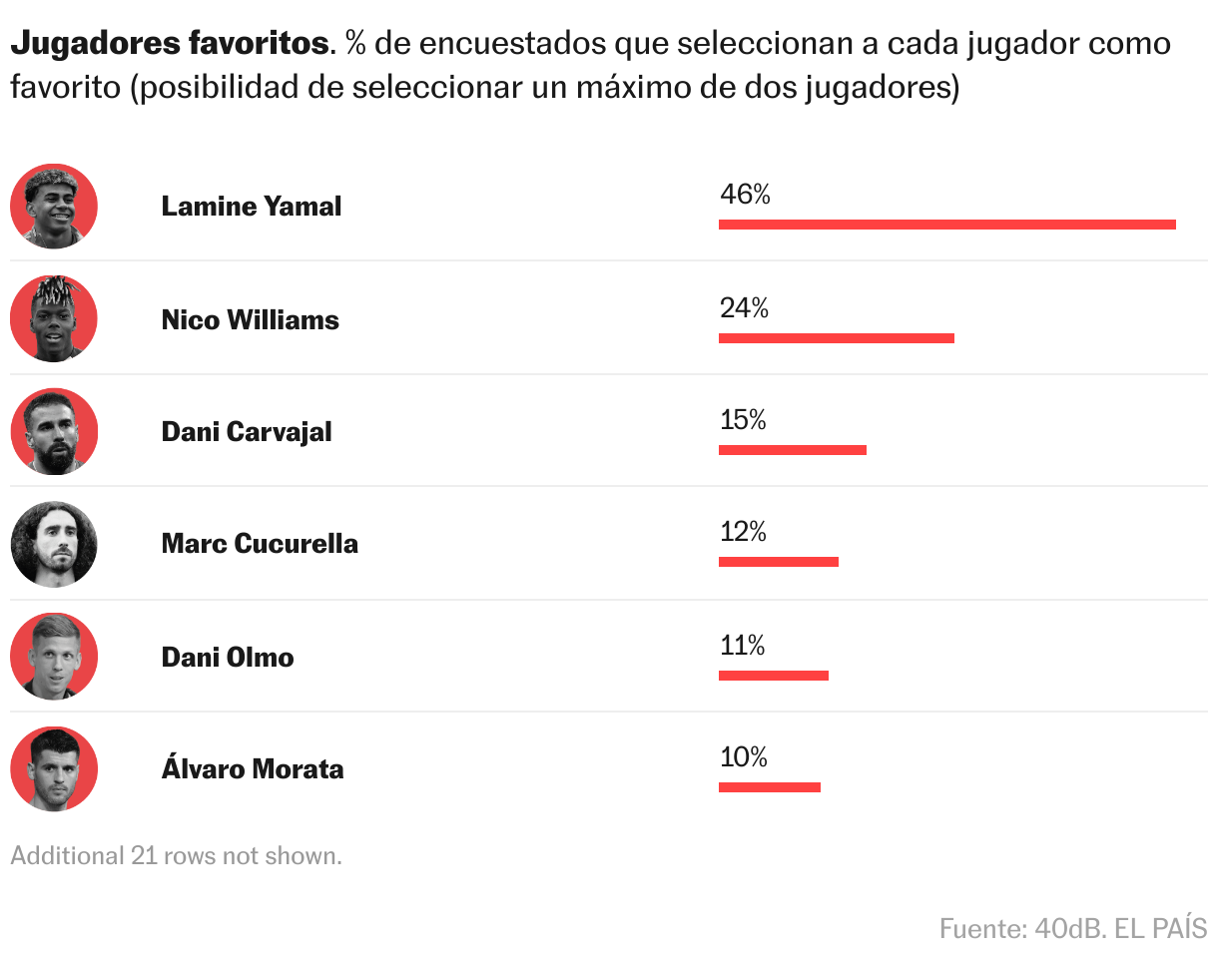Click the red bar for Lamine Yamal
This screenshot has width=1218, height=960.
click(x=946, y=224)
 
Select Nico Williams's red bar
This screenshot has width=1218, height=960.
click(x=836, y=337)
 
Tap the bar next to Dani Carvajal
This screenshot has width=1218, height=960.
click(x=792, y=449)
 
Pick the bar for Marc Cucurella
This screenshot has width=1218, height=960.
click(x=778, y=561)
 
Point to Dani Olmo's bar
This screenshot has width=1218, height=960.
click(x=773, y=675)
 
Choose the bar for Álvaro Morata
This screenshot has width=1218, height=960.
click(x=769, y=786)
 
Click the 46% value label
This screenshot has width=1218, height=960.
click(x=745, y=195)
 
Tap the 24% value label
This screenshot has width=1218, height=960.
click(x=744, y=308)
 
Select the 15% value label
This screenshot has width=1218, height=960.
click(x=743, y=420)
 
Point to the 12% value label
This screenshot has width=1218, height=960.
click(x=743, y=532)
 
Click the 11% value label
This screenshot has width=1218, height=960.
click(x=742, y=646)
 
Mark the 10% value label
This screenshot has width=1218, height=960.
click(x=743, y=757)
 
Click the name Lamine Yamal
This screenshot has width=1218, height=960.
click(x=252, y=207)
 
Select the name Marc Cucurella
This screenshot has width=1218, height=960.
click(x=260, y=544)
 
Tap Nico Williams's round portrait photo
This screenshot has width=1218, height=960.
click(x=54, y=319)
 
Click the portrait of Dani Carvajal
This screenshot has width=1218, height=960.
click(x=54, y=431)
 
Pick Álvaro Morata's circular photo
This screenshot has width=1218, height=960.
click(x=54, y=768)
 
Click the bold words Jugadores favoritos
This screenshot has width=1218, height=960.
click(x=169, y=44)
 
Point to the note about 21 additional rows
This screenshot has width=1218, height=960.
click(x=176, y=855)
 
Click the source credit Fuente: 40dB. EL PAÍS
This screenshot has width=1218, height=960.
click(x=1072, y=928)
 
